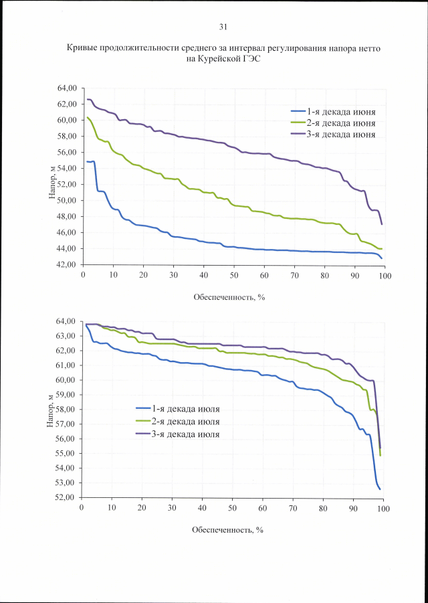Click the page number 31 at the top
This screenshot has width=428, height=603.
pos(223,27)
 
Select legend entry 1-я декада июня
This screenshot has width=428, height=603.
pos(340,110)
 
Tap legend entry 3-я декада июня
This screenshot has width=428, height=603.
pos(340,135)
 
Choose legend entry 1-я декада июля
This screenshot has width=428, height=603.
pos(186,410)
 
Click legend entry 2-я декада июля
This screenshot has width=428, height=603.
pos(186,422)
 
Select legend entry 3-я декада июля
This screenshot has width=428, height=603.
pos(186,434)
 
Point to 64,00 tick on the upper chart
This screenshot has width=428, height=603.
pos(68,88)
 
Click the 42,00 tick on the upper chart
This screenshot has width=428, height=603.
pos(68,264)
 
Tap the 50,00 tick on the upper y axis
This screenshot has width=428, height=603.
pos(68,200)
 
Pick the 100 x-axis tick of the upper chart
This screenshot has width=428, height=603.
pos(384,274)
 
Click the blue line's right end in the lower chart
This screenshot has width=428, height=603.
pos(380,489)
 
